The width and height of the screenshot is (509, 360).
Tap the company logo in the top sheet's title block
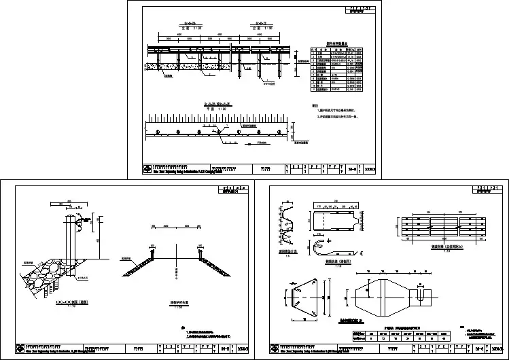pos(147,169)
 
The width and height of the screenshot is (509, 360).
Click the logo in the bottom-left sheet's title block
pos(14,349)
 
